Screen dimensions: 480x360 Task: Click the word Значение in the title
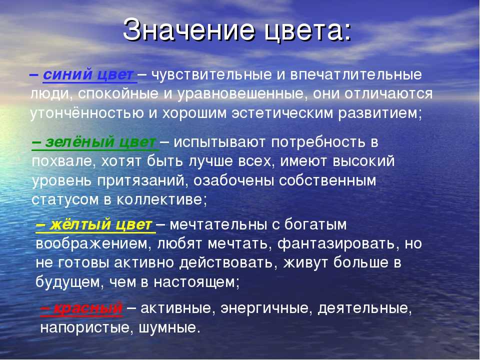[188, 29]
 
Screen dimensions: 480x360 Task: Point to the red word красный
[88, 308]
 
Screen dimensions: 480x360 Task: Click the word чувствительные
[211, 75]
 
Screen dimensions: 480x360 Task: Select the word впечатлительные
[356, 75]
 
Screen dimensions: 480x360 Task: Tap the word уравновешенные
[242, 94]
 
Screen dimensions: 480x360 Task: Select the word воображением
[93, 244]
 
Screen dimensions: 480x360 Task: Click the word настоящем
[196, 282]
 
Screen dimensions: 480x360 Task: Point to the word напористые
[86, 328]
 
